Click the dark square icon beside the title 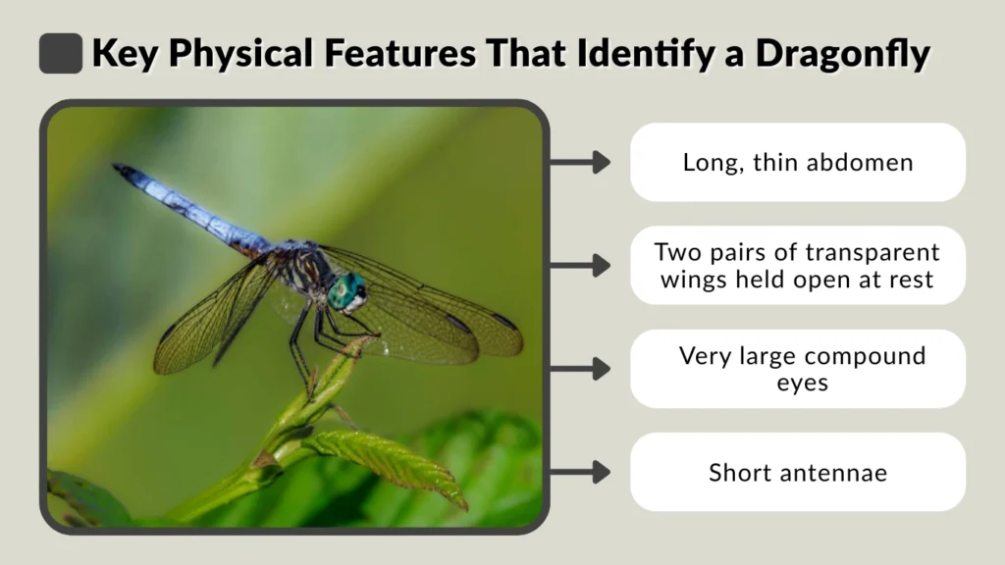(x=60, y=53)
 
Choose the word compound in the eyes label (x=864, y=356)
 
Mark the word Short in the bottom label (x=743, y=473)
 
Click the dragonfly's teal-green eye (x=346, y=290)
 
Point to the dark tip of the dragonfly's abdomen (x=122, y=171)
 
